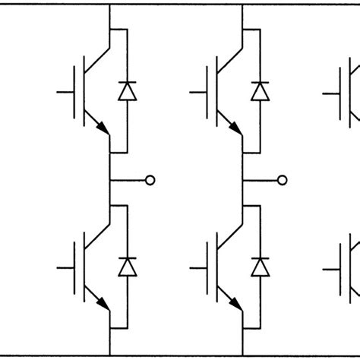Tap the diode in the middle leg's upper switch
[x=261, y=92]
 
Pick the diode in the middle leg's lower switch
[x=261, y=267]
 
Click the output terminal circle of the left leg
[x=150, y=180]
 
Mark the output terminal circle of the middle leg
[x=283, y=180]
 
